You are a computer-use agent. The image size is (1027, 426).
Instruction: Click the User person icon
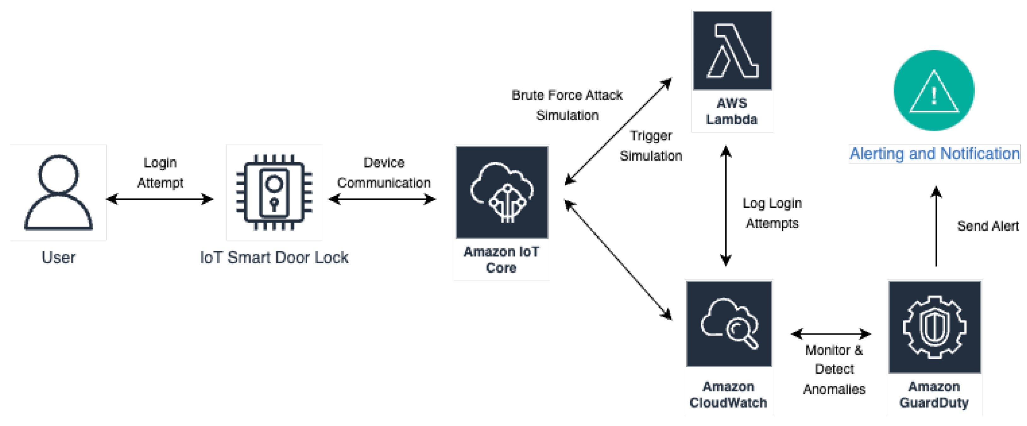tap(59, 192)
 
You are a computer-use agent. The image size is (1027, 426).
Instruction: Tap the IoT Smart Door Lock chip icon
tap(274, 192)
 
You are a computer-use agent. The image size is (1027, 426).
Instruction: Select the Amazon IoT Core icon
tap(502, 192)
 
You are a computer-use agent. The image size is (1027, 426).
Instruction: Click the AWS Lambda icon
tap(732, 51)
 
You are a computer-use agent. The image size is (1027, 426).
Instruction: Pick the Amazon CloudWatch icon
tap(729, 323)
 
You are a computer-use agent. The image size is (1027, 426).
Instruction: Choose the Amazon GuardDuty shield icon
tap(935, 327)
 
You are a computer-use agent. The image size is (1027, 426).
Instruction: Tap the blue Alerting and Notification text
tap(935, 154)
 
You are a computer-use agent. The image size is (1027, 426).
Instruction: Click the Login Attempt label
tap(160, 173)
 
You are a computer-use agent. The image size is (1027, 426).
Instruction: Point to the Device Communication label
tap(384, 173)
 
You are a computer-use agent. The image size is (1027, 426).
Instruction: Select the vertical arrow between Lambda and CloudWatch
tap(726, 206)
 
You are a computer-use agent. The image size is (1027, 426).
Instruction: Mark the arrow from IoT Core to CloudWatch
tap(618, 260)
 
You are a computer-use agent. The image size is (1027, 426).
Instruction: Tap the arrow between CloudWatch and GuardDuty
tap(831, 334)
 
